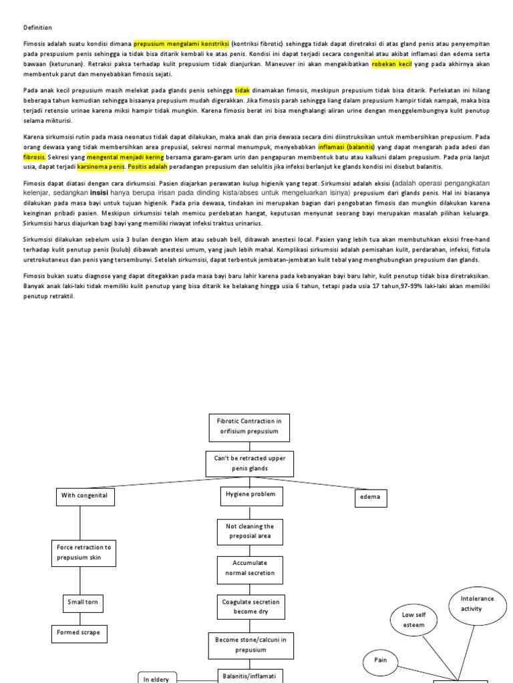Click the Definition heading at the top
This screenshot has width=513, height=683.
click(x=37, y=27)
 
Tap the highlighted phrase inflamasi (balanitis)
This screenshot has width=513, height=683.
click(x=347, y=146)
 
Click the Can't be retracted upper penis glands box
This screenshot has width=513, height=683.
click(x=250, y=464)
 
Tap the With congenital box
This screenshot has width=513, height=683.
click(x=84, y=496)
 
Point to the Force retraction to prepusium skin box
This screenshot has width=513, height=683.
click(x=84, y=552)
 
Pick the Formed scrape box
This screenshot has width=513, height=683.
click(x=80, y=633)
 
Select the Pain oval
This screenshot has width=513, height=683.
click(x=381, y=661)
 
